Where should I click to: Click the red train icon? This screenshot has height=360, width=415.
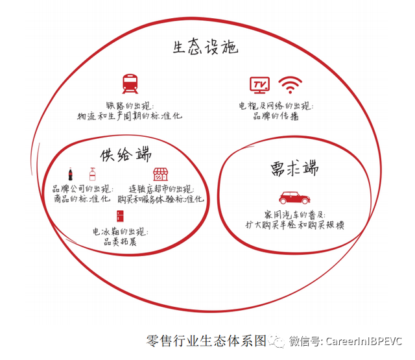(130, 84)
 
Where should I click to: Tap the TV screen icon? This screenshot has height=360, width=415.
(259, 85)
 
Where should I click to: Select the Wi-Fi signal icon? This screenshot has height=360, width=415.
(290, 85)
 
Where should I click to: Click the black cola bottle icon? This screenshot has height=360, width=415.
(70, 174)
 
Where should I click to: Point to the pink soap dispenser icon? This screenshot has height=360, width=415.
(92, 174)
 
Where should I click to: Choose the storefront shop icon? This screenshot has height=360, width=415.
(160, 174)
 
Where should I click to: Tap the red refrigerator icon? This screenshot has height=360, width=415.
(120, 216)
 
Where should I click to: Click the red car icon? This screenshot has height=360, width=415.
(294, 197)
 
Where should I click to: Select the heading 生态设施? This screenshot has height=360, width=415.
(206, 47)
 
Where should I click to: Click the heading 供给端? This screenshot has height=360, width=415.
(126, 154)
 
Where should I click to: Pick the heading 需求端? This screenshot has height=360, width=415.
(294, 168)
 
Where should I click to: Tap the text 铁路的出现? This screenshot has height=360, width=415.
(130, 106)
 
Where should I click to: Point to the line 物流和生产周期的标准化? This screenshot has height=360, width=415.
(130, 116)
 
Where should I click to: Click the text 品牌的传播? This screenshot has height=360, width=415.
(276, 116)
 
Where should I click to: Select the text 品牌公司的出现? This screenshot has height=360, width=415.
(82, 189)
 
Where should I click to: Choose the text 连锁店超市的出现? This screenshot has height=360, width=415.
(161, 189)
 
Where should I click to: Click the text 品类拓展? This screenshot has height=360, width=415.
(120, 242)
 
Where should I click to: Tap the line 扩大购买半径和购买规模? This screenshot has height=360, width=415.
(294, 225)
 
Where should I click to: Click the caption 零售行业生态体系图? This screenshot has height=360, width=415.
(206, 341)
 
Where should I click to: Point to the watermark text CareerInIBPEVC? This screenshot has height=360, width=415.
(364, 341)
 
